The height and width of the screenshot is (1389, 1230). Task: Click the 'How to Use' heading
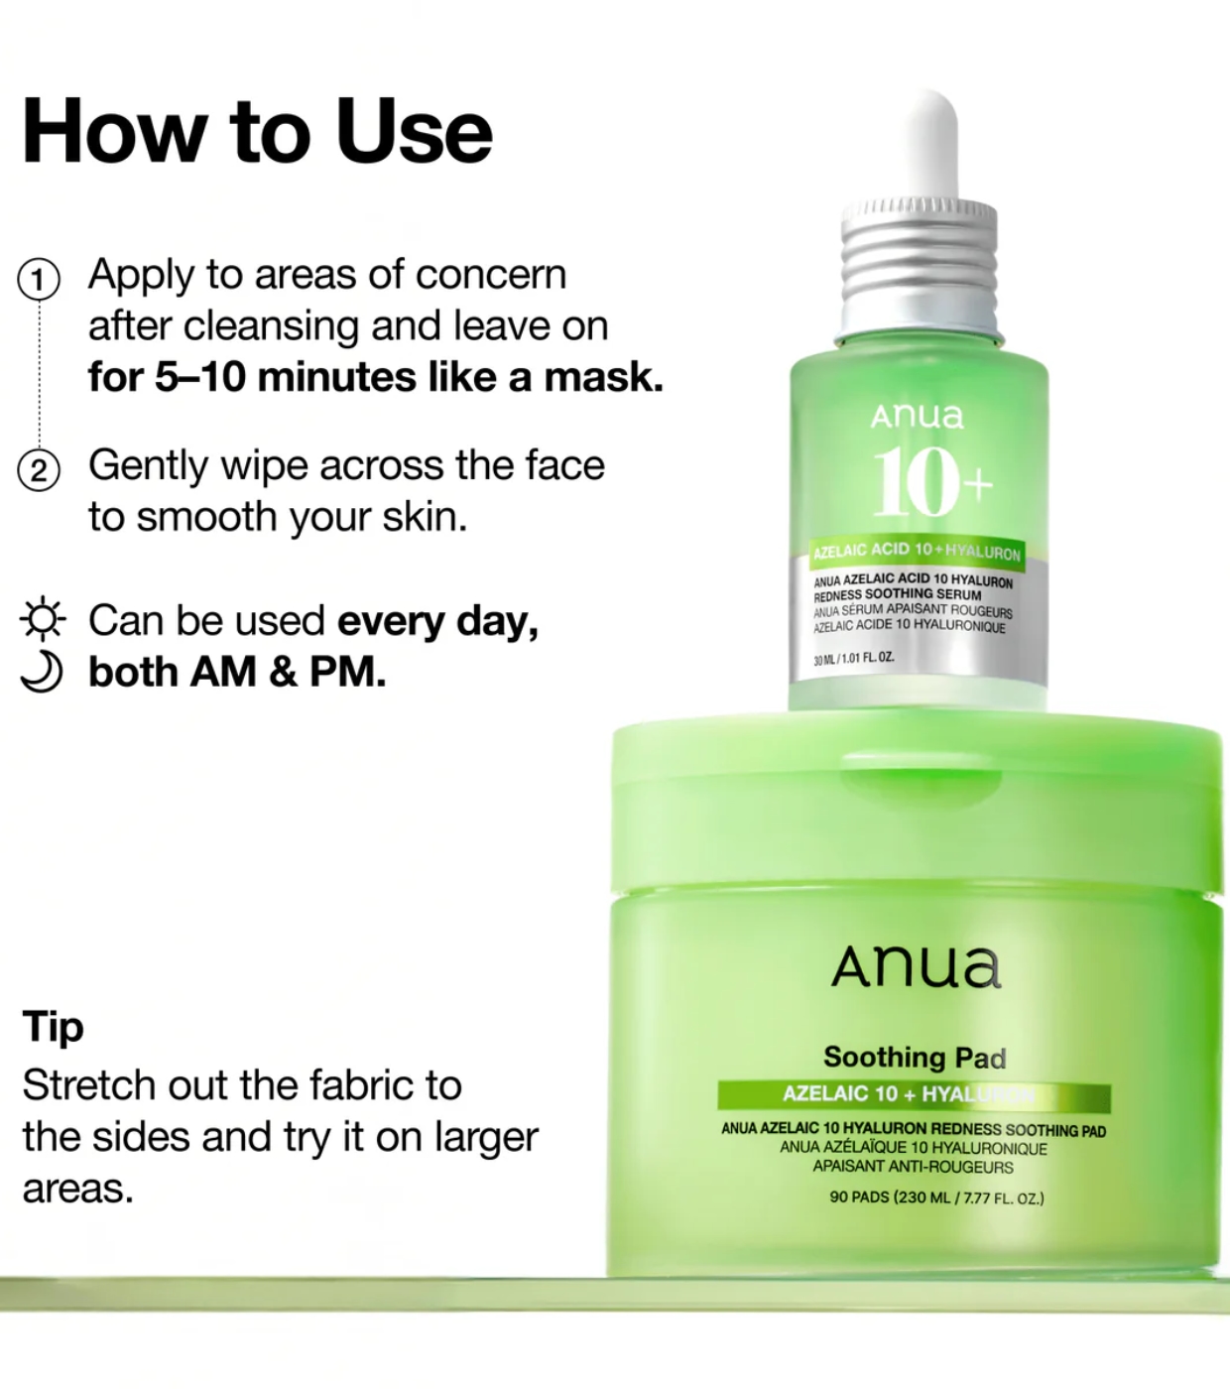click(x=257, y=130)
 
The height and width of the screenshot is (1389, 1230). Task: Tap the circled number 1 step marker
click(x=39, y=279)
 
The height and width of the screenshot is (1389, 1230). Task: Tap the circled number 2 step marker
click(x=39, y=470)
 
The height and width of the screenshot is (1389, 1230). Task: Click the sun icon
click(x=43, y=619)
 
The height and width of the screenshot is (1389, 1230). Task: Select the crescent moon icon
click(x=42, y=671)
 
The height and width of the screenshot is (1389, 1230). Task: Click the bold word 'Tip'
click(x=53, y=1026)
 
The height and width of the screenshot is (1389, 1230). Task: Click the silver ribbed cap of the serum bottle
click(x=919, y=270)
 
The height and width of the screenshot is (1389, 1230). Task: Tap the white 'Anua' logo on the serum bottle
click(x=917, y=416)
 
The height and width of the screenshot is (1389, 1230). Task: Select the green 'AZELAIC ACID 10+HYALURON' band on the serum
click(x=916, y=552)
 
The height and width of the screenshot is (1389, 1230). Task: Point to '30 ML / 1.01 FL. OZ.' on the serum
click(x=854, y=658)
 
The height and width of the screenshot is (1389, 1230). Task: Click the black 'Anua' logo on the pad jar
click(x=916, y=967)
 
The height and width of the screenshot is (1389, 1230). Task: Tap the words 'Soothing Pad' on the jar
click(x=915, y=1058)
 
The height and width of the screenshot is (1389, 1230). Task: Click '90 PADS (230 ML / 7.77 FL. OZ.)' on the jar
click(x=936, y=1198)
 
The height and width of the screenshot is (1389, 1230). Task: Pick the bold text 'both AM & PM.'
click(x=237, y=672)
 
